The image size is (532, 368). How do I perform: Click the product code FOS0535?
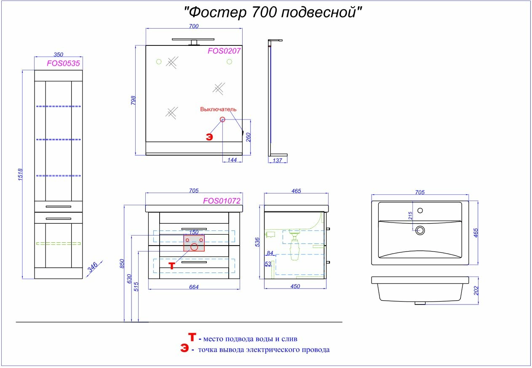[63, 64]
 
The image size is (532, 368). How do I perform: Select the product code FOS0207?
[224, 51]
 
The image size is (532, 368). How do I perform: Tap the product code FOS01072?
[222, 201]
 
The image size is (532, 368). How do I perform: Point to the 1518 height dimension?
[20, 175]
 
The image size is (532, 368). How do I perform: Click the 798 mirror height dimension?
[133, 100]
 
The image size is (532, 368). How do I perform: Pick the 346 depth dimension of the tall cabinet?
[92, 267]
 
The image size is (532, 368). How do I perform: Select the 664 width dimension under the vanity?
[194, 287]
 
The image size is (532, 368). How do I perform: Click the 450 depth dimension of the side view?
[295, 286]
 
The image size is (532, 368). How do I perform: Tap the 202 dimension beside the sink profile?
[476, 291]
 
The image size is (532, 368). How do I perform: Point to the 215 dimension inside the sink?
[410, 215]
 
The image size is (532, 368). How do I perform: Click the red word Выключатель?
[218, 109]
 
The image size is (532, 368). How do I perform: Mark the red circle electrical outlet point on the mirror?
[222, 119]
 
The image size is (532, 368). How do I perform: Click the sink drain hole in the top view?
[420, 230]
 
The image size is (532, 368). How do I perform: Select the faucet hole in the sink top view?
[420, 210]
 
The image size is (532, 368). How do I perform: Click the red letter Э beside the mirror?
[209, 137]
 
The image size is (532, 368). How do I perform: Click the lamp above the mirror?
[193, 41]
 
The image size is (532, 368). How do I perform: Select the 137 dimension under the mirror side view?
[277, 160]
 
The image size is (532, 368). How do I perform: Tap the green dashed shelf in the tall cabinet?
[59, 244]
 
